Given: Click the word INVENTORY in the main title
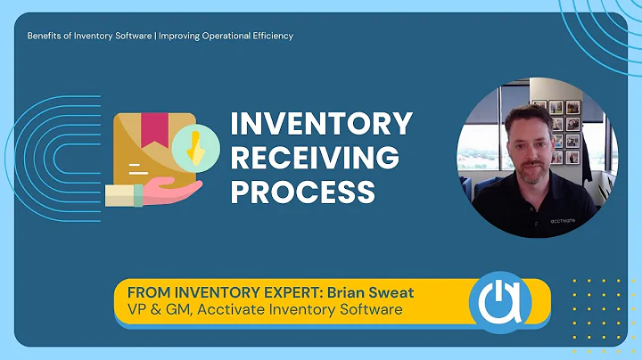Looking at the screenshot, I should (x=321, y=124).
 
